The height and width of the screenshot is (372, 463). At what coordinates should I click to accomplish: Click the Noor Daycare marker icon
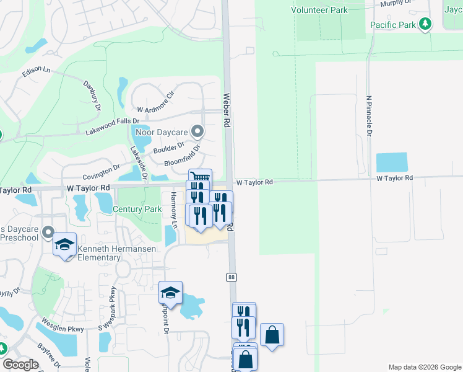197,131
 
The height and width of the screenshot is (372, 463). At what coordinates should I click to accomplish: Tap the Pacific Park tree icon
425,25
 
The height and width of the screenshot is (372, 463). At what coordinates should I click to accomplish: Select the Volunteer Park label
321,10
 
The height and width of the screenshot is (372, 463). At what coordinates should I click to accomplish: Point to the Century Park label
137,210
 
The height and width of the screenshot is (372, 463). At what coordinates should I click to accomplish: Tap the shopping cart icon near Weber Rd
200,178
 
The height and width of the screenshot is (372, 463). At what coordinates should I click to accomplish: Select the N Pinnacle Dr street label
369,115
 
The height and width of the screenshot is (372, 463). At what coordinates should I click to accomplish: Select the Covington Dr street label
100,170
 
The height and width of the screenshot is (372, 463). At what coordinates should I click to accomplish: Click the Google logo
21,365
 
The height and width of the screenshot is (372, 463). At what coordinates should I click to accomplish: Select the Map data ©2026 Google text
424,367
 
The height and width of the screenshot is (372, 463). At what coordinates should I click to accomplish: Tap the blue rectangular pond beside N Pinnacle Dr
392,162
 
